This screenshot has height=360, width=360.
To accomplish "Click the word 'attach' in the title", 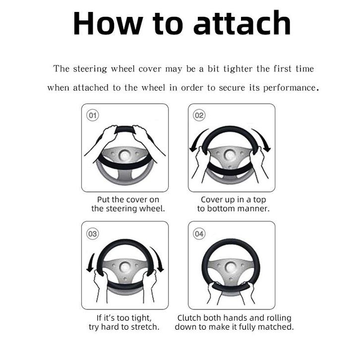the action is pos(242,23).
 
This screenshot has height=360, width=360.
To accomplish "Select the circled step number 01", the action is pos(93,115).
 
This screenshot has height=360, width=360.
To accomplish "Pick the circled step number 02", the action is pos(199,115).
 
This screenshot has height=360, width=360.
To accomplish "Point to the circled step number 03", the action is pos(93,234).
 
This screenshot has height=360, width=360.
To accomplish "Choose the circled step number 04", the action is pos(199,234).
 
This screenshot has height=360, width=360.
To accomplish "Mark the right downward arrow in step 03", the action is pos(158,259).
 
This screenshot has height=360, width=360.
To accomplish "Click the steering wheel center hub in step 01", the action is pos(124,156).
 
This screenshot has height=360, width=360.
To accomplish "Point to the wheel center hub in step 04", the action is pos(231,267).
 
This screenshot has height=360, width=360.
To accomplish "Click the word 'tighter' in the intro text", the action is pos(238,69).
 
